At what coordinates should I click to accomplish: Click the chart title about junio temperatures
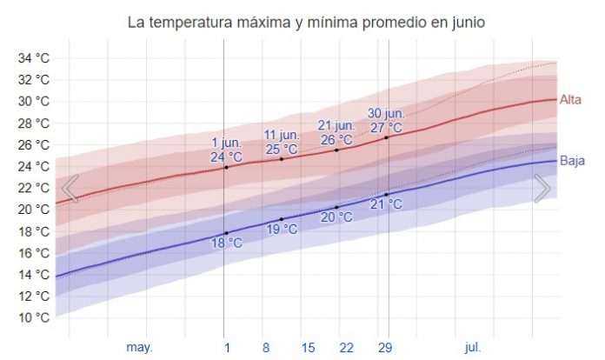point(302,20)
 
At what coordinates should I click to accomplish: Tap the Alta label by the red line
point(569,99)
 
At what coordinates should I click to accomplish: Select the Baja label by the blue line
point(571,161)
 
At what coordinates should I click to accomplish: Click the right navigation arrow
point(542,188)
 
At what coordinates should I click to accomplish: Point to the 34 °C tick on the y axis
point(33,58)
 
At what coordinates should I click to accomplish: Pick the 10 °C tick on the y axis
point(33,317)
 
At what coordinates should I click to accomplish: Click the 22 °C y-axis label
point(33,188)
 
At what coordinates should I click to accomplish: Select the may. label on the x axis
point(139,347)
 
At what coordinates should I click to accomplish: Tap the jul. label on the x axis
point(472,347)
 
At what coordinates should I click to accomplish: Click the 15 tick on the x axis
point(308,347)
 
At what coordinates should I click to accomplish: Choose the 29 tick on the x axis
point(385,347)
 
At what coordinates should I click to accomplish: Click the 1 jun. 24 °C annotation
point(226,150)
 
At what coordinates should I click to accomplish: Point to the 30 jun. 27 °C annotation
point(386,120)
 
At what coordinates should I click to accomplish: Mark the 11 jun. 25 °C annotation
point(282,142)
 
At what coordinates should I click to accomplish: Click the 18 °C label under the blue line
point(226,243)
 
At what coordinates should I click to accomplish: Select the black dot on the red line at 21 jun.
point(337,150)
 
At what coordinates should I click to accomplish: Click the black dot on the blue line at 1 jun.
point(226,233)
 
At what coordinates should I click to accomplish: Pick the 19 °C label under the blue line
point(282,230)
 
